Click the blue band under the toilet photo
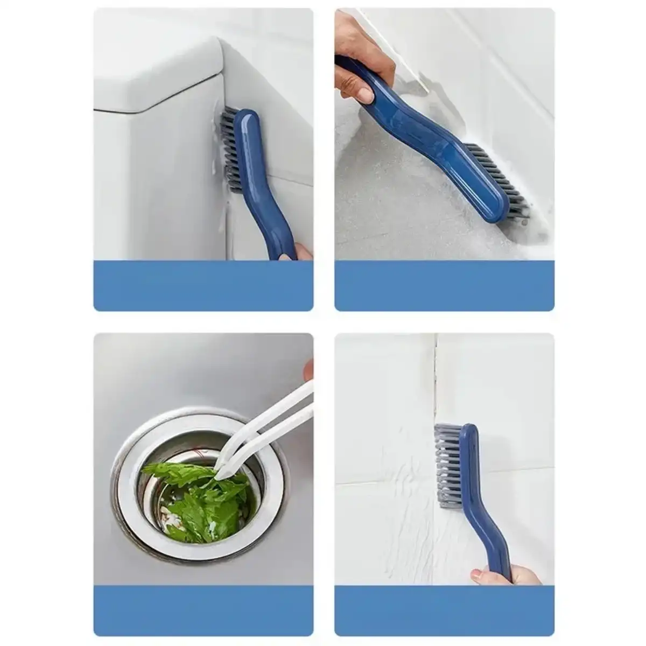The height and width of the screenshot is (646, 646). (x=203, y=285)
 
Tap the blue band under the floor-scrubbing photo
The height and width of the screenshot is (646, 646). (x=444, y=285)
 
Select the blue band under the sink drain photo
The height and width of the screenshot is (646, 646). (x=203, y=611)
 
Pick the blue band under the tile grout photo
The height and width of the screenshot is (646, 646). (x=444, y=611)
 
